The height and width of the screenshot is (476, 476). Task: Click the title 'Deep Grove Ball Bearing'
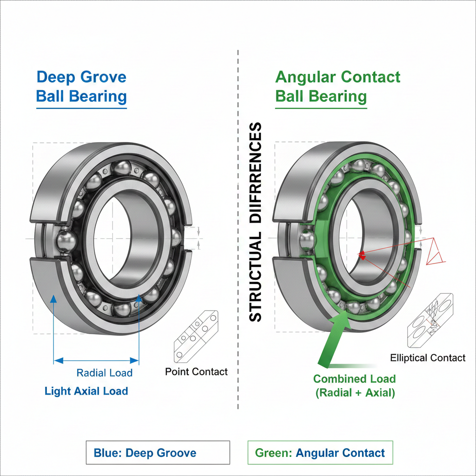click(x=81, y=86)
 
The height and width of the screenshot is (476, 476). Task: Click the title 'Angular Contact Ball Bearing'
click(x=337, y=86)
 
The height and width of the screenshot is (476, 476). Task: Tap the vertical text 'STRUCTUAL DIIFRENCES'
click(x=256, y=222)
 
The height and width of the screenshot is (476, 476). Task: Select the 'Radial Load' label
click(x=105, y=373)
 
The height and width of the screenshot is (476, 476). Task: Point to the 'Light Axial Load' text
click(x=86, y=391)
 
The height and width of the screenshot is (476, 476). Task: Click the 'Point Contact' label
click(x=197, y=372)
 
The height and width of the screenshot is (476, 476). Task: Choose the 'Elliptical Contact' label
click(x=428, y=358)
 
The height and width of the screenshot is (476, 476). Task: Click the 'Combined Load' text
click(x=354, y=378)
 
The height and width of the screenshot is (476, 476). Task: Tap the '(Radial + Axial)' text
click(x=355, y=393)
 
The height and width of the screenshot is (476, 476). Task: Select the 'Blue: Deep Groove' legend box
click(x=158, y=453)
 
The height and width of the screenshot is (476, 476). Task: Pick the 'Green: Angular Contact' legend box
click(x=320, y=453)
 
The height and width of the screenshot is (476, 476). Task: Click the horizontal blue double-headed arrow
click(x=96, y=360)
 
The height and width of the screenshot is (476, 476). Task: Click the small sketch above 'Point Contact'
click(x=196, y=337)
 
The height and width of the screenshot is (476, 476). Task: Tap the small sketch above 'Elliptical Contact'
click(x=430, y=321)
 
